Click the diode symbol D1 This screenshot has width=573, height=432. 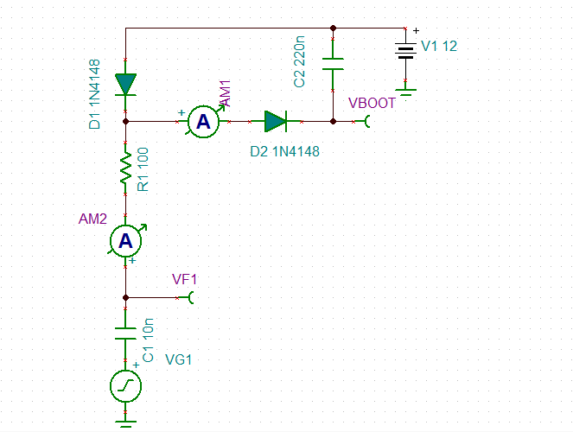pos(126,84)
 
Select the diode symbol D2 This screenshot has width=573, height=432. pos(276,122)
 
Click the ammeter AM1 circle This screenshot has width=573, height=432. pos(203,123)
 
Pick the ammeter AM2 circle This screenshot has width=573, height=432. pos(126,243)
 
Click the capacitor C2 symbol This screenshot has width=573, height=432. pos(334,65)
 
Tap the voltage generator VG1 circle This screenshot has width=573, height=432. pos(126,386)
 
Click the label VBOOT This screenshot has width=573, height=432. pos(372,103)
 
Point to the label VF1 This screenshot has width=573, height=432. pos(185,279)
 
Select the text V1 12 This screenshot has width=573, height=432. pos(439,46)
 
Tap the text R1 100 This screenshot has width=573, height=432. pos(143,169)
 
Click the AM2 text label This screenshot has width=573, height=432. pos(92,219)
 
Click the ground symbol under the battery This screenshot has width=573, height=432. pos(404,87)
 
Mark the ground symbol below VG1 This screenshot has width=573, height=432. pos(126,422)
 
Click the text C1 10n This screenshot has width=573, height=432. pos(148,340)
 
